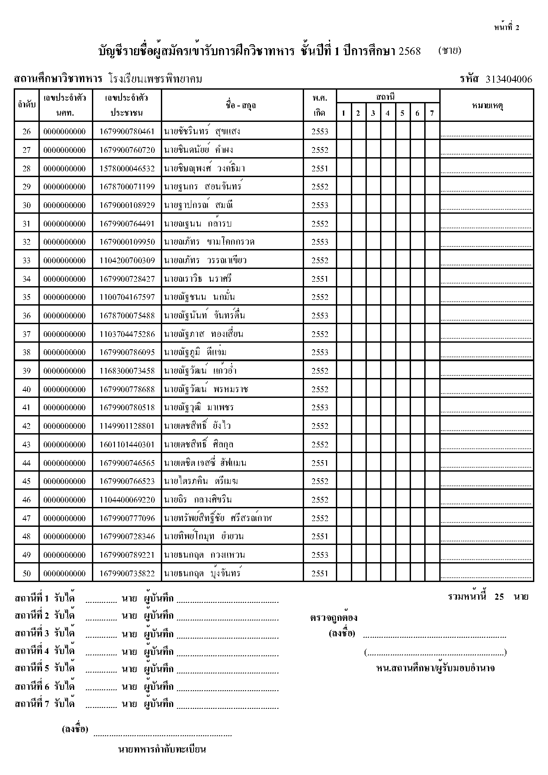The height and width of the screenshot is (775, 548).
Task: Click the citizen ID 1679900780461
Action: [127, 132]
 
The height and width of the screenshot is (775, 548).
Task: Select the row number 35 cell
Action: [27, 297]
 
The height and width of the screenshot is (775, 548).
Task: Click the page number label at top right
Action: [506, 27]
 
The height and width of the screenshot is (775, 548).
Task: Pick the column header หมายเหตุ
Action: [487, 106]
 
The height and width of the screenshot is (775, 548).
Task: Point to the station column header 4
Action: [388, 113]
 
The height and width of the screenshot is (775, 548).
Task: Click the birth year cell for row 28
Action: [320, 169]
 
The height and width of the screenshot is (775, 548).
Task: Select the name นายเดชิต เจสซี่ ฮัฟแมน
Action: [205, 463]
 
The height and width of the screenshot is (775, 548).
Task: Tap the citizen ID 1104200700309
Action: [127, 261]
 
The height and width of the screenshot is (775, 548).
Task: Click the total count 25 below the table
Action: [499, 597]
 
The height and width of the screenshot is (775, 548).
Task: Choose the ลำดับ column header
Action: [27, 106]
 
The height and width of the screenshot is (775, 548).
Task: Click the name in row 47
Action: [217, 518]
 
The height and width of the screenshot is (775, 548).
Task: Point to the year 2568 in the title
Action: [410, 51]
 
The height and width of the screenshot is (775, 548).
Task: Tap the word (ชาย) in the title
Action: [449, 50]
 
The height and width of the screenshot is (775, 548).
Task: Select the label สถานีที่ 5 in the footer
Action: [32, 668]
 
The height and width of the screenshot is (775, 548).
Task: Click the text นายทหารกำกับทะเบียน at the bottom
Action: [162, 749]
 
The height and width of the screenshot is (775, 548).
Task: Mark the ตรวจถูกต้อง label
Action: [334, 617]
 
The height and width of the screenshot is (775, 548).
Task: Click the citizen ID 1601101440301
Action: [127, 445]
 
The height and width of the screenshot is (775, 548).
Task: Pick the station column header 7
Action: [432, 113]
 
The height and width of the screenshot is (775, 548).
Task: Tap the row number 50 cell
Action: [27, 574]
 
